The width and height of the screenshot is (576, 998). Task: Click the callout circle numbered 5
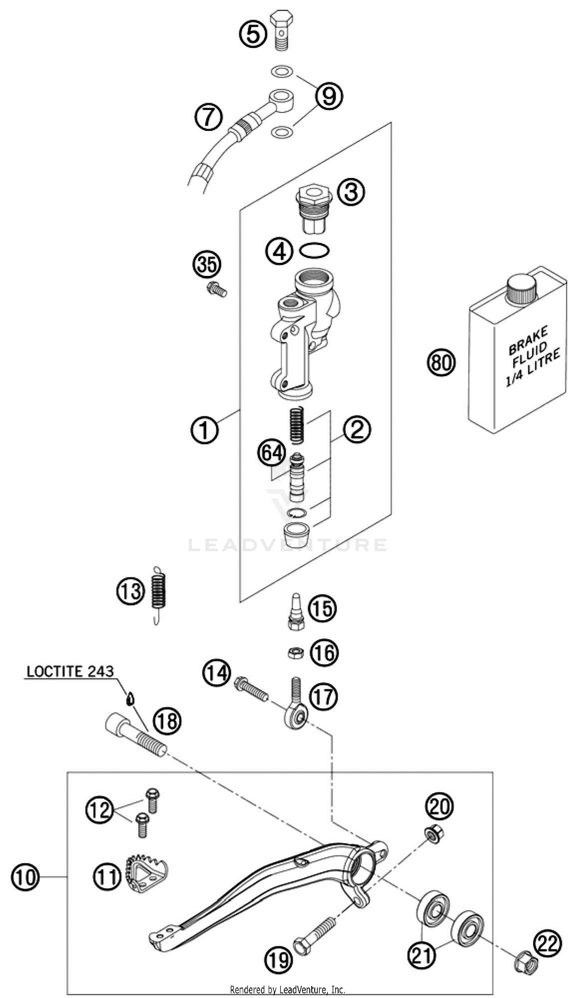(x=253, y=34)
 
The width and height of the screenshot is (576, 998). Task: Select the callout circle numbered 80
(x=441, y=362)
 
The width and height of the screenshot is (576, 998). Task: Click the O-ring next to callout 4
(x=314, y=250)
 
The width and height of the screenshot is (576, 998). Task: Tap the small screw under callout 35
(x=217, y=290)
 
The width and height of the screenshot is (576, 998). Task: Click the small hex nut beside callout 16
(x=296, y=653)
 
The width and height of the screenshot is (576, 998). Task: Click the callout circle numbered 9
(x=329, y=95)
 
